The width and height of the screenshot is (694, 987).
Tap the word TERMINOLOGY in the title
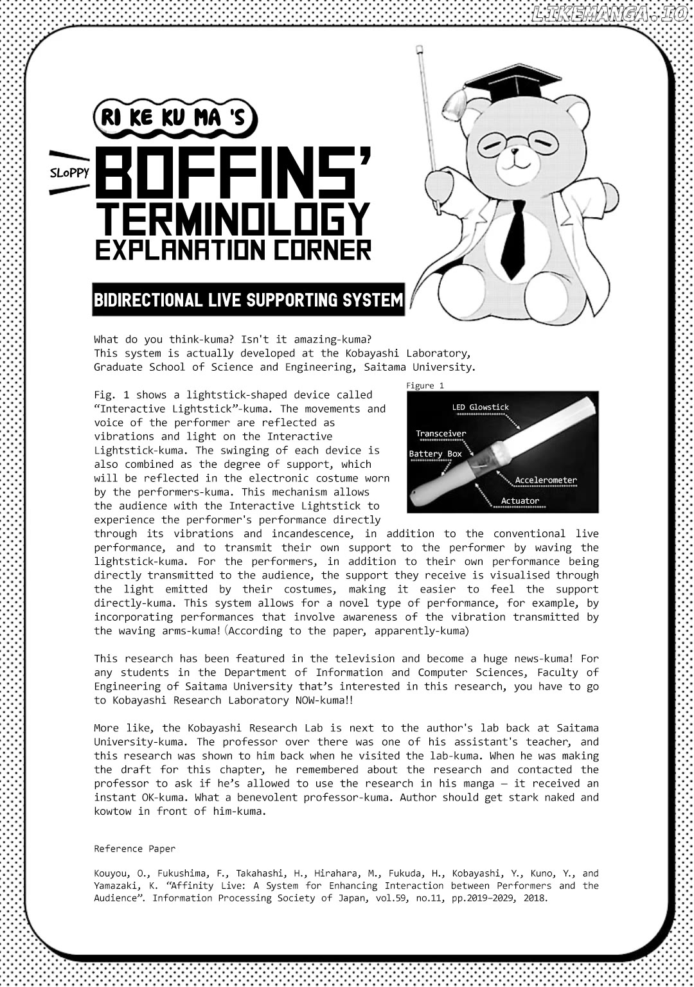[x=233, y=219]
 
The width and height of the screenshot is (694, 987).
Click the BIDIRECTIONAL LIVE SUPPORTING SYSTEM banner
[x=248, y=300]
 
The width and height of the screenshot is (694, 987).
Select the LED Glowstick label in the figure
[x=480, y=407]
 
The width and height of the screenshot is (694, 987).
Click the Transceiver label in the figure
[x=441, y=434]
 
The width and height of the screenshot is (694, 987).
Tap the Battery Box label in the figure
[x=435, y=454]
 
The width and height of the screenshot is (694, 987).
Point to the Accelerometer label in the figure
[x=546, y=480]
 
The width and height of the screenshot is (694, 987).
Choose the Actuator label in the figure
[x=520, y=501]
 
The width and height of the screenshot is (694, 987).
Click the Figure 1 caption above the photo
[x=424, y=386]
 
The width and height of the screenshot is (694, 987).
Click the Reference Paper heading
[x=134, y=849]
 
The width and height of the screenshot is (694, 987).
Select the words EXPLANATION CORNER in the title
[x=233, y=250]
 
